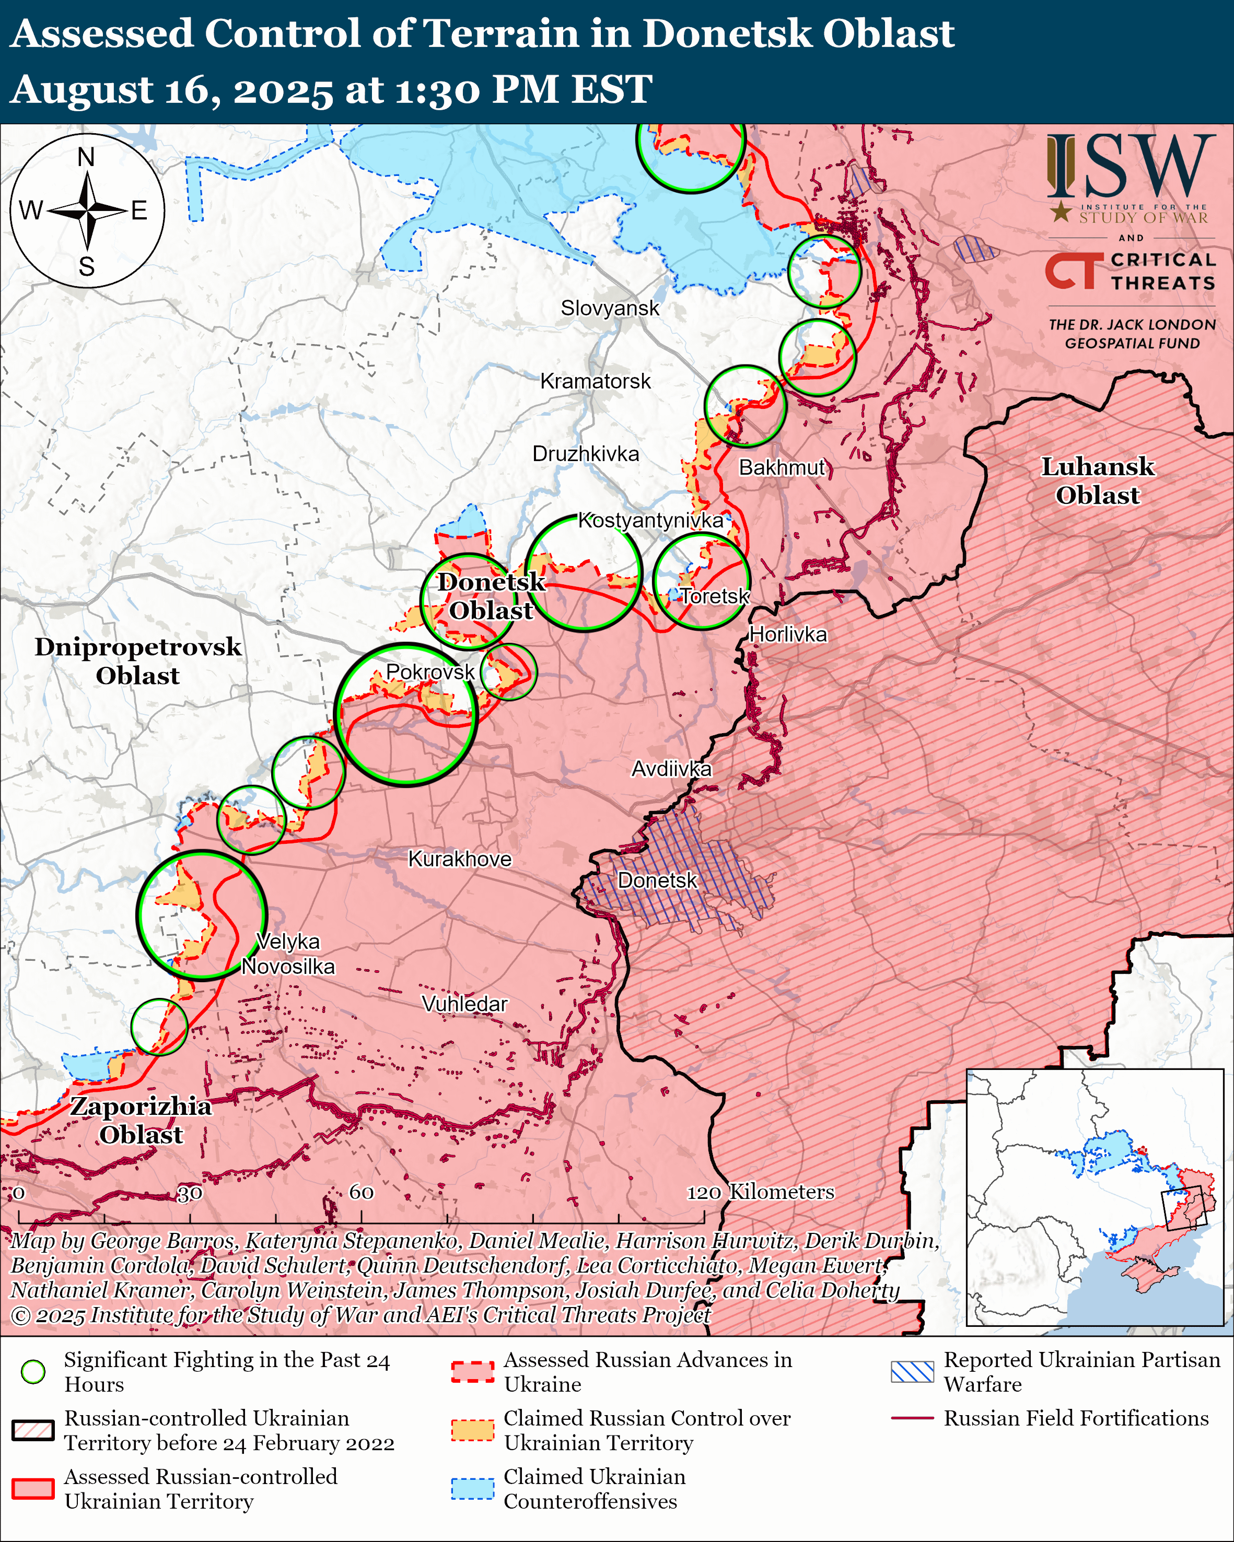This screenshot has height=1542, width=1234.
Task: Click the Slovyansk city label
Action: point(610,308)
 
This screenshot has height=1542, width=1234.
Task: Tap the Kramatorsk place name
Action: point(595,381)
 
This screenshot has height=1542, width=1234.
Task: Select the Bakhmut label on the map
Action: point(782,468)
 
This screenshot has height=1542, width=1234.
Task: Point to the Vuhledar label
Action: point(464,1004)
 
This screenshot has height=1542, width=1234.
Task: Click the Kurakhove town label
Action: point(459,859)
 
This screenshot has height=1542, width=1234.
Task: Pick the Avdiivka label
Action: point(671,769)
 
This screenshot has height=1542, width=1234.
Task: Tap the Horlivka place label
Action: point(788,634)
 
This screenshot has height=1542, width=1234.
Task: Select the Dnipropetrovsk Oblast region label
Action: point(138,661)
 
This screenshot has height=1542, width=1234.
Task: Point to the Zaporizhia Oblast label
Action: point(141,1120)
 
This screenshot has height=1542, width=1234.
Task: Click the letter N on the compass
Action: point(86,157)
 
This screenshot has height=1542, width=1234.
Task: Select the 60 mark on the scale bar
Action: point(361,1192)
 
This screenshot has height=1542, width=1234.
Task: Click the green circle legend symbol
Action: point(33,1371)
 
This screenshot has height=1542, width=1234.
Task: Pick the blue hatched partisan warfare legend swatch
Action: point(912,1371)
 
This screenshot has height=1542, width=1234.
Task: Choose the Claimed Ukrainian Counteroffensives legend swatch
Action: point(472,1488)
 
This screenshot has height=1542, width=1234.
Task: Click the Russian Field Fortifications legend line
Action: point(912,1418)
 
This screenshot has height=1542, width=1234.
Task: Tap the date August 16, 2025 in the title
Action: point(172,90)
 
